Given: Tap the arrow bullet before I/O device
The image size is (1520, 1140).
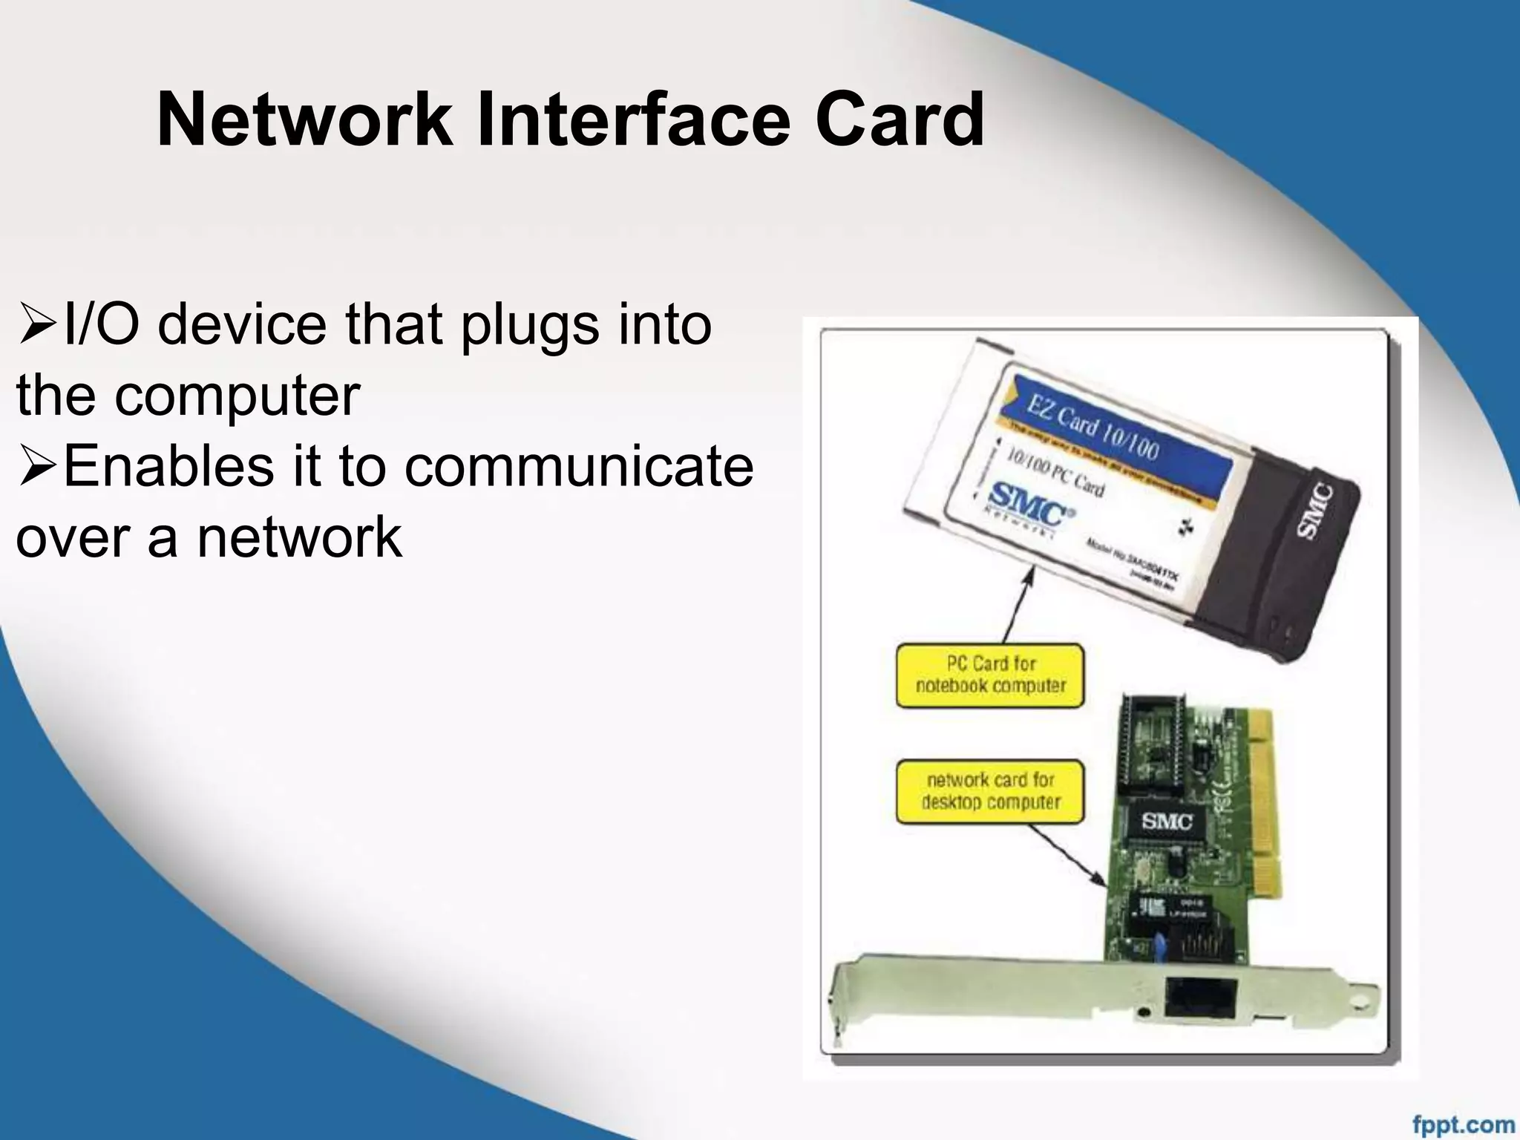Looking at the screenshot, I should [x=37, y=327].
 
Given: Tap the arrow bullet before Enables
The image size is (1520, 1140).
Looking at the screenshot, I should [x=37, y=468].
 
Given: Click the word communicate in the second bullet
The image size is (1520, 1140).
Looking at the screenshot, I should [x=579, y=467].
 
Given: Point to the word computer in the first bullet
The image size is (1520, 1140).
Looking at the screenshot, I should [x=237, y=396].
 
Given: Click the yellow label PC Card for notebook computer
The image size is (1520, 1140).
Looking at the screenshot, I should [x=990, y=675].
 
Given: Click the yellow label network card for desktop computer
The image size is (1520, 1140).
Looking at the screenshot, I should [x=990, y=791].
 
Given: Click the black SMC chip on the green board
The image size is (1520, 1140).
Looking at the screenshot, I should [x=1167, y=821].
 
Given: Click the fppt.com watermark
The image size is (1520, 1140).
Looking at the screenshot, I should [x=1463, y=1124].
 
